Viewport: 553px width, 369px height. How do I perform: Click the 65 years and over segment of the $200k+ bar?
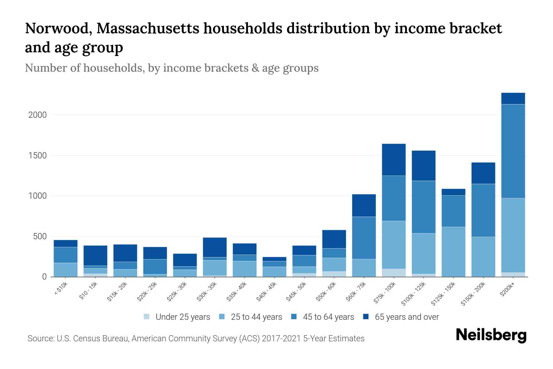point(513,98)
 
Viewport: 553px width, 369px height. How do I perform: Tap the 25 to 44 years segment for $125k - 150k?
point(453,252)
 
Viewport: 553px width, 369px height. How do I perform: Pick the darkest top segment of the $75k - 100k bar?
point(394,160)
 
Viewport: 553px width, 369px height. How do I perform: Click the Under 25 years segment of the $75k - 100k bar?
point(394,273)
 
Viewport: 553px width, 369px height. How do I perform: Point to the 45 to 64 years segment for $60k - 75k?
point(364,238)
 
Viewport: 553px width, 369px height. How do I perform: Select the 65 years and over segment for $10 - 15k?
point(95,256)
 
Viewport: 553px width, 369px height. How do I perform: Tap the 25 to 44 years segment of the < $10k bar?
point(65,270)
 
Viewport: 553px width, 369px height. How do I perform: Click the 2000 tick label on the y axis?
point(37,115)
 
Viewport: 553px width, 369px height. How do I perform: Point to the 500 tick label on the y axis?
point(40,236)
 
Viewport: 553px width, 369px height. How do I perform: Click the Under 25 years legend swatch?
point(147,317)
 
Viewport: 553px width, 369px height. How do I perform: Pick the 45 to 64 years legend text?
point(328,317)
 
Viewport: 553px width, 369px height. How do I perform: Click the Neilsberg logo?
point(491,335)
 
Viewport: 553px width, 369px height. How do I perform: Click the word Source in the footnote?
point(40,339)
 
